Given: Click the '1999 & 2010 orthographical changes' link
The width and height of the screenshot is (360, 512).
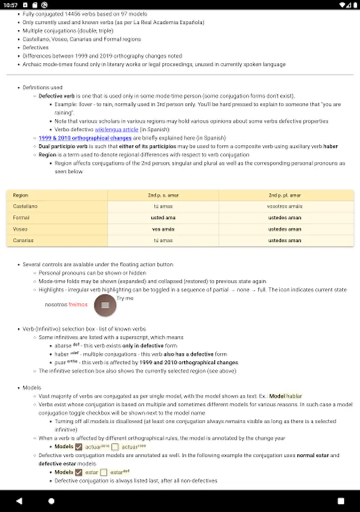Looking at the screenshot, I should coord(85,138).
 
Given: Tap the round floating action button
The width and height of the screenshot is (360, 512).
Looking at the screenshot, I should coord(105,305).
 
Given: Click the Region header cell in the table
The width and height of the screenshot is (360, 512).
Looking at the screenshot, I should coord(20,195).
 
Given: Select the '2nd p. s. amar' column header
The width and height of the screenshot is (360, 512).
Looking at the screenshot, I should coord(163,195).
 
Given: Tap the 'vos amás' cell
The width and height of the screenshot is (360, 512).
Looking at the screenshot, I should coord(163,229).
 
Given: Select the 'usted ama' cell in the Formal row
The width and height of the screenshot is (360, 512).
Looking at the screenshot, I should coord(163,218).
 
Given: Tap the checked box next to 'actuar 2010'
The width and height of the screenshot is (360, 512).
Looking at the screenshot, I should coord(79,447).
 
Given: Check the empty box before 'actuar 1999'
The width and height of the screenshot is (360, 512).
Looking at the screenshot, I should coord(115,447).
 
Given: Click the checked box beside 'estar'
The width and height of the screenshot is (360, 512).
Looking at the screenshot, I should coord(79,472).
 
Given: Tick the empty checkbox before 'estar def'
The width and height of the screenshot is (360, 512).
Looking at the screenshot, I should coord(104,472).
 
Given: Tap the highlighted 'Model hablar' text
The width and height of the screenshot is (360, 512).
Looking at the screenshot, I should coord(286,396).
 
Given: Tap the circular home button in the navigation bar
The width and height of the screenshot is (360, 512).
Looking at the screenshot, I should coord(52,501).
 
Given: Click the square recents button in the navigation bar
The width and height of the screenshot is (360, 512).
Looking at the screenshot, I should coord(341,501).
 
